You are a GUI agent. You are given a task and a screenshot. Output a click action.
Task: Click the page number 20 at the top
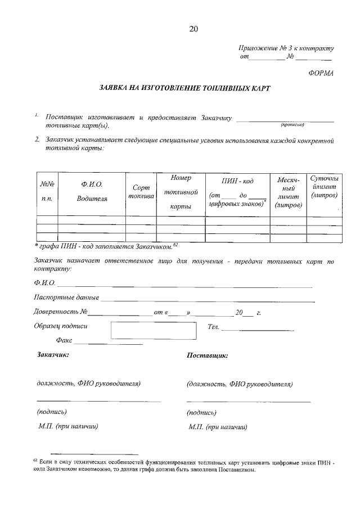(x=194, y=29)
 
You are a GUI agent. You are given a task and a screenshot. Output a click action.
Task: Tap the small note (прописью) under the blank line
(x=292, y=125)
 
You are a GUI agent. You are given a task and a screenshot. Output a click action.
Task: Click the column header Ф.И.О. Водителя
(x=92, y=191)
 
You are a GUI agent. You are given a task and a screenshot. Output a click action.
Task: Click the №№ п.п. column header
(x=47, y=191)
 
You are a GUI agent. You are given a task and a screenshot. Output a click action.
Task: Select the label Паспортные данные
(x=66, y=297)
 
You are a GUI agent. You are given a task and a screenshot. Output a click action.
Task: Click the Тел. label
(x=213, y=327)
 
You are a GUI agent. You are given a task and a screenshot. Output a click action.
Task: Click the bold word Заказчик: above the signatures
(x=52, y=355)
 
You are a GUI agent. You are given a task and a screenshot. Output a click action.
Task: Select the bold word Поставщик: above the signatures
(x=206, y=356)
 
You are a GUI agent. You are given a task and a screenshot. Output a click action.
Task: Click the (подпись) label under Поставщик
(x=201, y=413)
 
